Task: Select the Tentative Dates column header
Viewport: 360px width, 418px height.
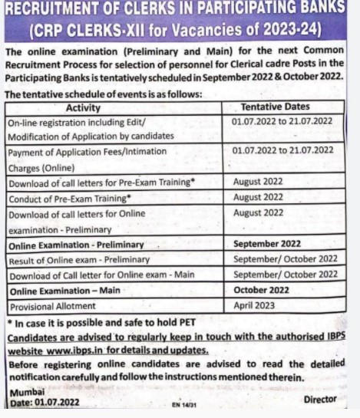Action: pyautogui.click(x=286, y=107)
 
